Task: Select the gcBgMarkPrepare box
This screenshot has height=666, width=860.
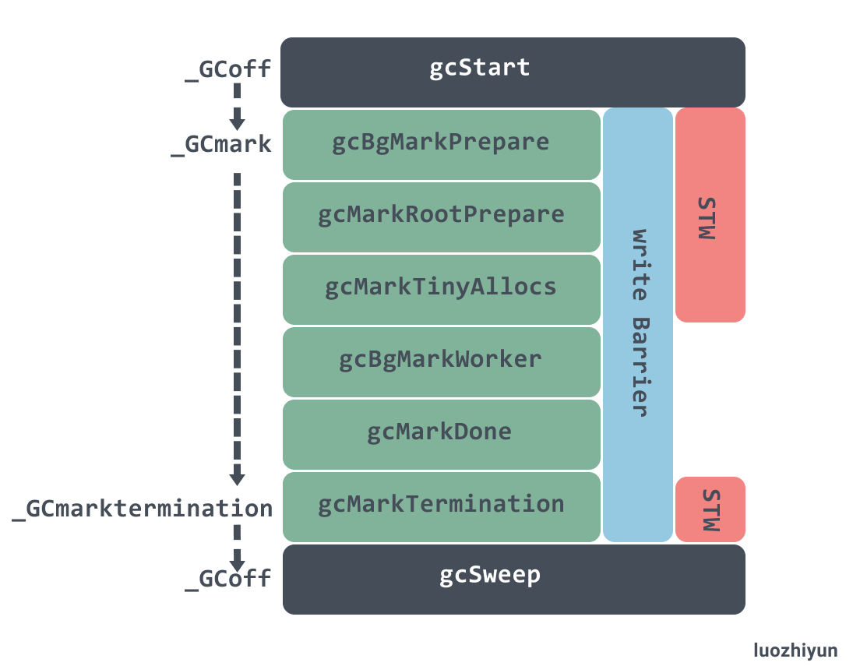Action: click(441, 144)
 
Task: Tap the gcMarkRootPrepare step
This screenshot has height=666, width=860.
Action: click(441, 216)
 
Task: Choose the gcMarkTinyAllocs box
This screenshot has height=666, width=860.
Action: click(441, 287)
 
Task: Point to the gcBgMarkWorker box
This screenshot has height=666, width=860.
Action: click(441, 360)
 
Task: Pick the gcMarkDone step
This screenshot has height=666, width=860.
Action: click(441, 432)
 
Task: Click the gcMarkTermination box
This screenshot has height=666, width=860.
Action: click(441, 505)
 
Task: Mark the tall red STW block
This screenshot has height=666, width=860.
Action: click(710, 214)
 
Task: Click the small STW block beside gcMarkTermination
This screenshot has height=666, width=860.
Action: click(710, 509)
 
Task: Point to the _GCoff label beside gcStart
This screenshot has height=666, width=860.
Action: click(228, 69)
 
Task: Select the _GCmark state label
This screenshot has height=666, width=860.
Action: click(221, 145)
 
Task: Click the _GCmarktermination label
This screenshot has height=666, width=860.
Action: click(143, 509)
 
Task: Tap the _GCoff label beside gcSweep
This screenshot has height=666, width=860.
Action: click(228, 579)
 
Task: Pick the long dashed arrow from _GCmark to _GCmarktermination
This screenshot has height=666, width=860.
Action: click(237, 327)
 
